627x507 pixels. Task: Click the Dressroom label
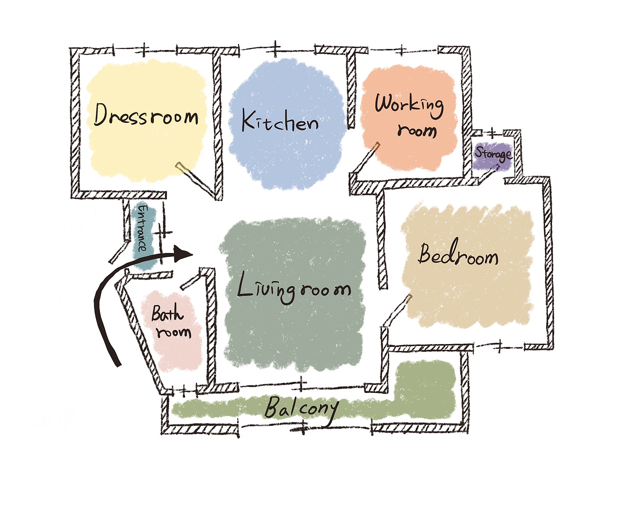(146, 116)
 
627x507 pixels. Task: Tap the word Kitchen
(280, 121)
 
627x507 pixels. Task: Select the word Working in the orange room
(410, 104)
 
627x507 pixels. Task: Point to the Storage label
(493, 154)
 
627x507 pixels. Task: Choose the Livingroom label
(294, 289)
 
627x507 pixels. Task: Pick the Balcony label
(301, 409)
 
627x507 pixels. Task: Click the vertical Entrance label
(142, 228)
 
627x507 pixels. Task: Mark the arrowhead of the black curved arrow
(185, 253)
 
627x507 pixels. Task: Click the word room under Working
(417, 131)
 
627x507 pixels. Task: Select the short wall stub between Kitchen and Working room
(351, 91)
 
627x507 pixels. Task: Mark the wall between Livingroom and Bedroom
(382, 240)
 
